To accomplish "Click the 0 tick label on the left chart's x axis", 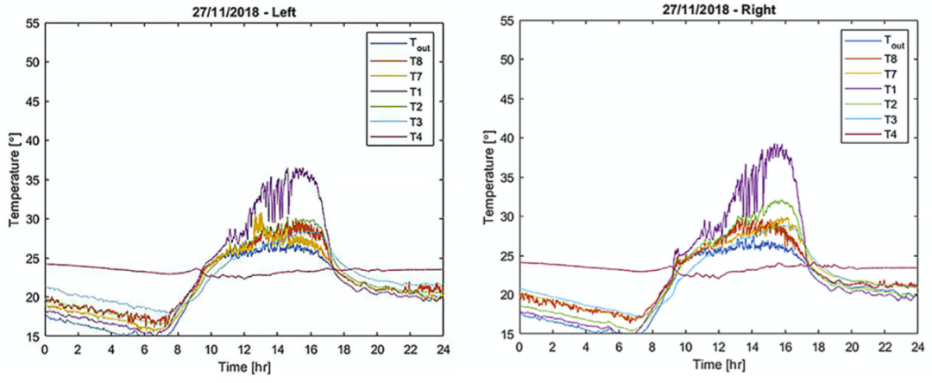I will (44, 351).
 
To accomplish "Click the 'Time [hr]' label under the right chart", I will (717, 364).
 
